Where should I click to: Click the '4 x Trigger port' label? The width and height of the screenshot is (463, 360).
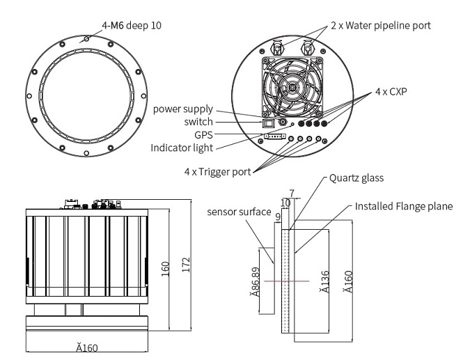tap(217, 172)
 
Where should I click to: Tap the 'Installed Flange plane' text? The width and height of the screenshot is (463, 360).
tap(404, 207)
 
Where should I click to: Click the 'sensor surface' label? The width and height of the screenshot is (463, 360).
tap(238, 212)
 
